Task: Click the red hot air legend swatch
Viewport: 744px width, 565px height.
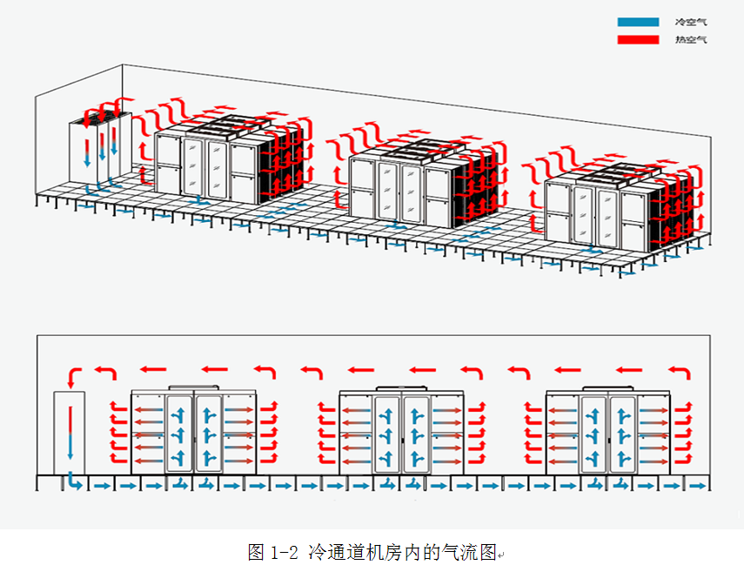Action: pyautogui.click(x=638, y=40)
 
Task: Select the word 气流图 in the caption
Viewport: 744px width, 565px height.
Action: pyautogui.click(x=476, y=551)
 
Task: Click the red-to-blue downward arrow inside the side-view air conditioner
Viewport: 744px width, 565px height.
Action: pyautogui.click(x=70, y=434)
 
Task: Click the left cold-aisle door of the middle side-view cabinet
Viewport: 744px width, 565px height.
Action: pyautogui.click(x=387, y=434)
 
